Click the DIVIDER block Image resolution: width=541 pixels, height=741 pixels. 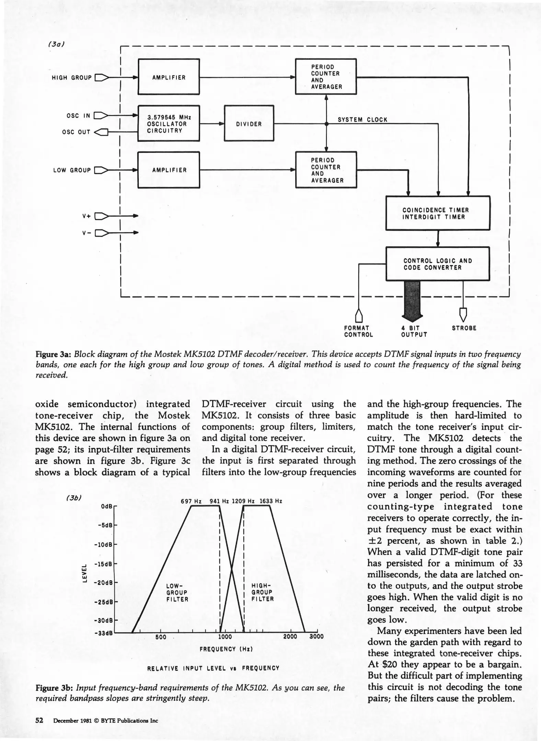point(249,123)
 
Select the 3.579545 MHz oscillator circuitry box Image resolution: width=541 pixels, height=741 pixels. point(169,123)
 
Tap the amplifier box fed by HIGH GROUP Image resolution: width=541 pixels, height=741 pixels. point(169,77)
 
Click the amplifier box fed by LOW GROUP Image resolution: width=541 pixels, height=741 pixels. point(169,170)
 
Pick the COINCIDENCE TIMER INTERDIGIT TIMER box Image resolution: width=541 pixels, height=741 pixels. point(438,213)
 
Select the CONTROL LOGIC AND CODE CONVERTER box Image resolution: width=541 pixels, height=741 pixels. point(438,264)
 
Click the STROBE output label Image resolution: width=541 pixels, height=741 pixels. point(464,328)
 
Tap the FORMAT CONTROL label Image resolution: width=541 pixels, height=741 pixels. point(358,331)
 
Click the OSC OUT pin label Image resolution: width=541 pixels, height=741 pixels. point(76,132)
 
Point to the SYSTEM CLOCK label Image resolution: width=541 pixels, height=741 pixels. point(362,119)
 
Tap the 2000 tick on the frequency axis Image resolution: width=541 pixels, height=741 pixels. point(290,637)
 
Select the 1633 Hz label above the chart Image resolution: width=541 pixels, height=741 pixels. point(271,501)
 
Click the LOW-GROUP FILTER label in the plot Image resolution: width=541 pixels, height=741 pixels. point(177,592)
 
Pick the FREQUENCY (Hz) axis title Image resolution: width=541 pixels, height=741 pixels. point(226,649)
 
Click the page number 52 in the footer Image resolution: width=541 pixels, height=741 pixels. point(39,720)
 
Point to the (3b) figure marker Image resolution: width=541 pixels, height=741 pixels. point(73,498)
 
